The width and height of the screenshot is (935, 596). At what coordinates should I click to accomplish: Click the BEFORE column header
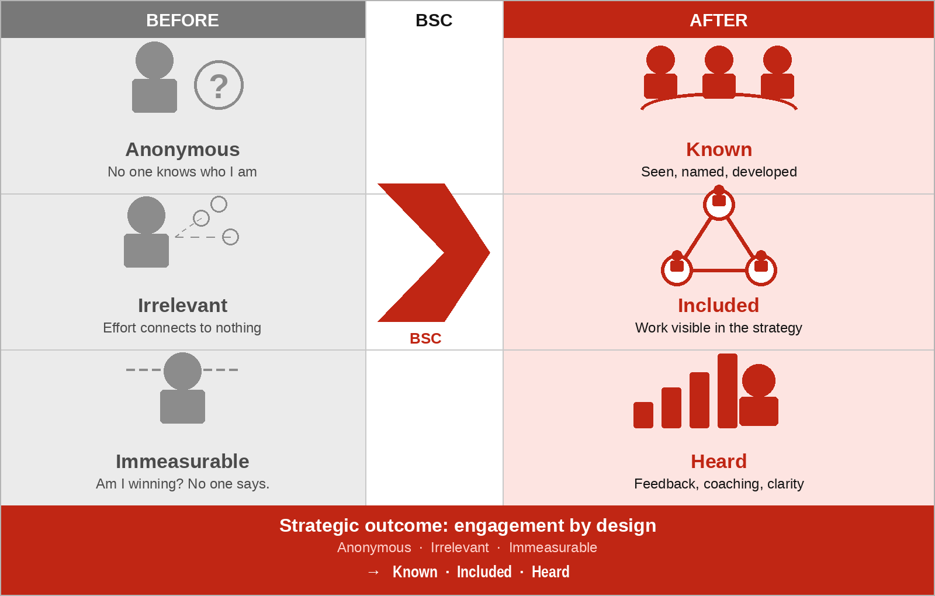(182, 20)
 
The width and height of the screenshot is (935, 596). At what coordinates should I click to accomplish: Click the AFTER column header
(718, 20)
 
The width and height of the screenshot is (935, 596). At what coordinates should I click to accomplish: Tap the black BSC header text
(434, 20)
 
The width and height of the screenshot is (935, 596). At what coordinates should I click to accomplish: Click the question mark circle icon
(219, 85)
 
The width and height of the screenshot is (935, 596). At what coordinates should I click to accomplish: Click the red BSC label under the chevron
(425, 338)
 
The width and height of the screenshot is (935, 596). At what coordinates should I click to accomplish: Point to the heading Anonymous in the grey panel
(182, 150)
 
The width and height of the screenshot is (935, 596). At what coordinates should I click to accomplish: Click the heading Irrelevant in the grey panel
(182, 306)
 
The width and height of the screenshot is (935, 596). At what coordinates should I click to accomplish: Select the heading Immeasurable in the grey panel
(182, 462)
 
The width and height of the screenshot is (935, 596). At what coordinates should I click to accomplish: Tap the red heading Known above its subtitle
(719, 150)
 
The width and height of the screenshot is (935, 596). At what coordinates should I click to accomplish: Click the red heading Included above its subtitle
(718, 306)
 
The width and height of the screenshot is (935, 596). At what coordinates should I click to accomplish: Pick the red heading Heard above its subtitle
(719, 462)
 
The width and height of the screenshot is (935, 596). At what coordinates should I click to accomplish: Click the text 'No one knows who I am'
(182, 172)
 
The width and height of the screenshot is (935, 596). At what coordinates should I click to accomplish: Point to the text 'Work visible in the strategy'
(718, 328)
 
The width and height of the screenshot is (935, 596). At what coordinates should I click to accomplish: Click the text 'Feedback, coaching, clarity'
(719, 484)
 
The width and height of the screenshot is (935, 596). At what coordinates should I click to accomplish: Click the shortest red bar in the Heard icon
(643, 415)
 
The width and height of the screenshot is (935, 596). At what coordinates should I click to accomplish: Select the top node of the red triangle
(719, 203)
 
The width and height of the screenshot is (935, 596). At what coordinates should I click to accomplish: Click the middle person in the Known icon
(719, 72)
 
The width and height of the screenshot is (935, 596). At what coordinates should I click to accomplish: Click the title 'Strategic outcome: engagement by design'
(467, 525)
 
